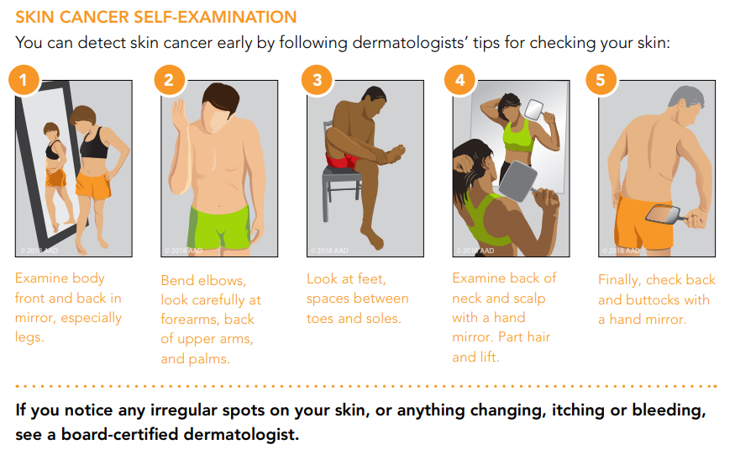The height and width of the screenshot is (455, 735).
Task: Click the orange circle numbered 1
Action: coord(24,81)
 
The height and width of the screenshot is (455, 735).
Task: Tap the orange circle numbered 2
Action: coord(170,81)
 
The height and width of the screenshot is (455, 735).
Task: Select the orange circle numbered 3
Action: coord(317,81)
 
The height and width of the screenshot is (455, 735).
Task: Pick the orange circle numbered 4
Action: coord(459,81)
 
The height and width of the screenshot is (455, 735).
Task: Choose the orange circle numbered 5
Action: coord(600,81)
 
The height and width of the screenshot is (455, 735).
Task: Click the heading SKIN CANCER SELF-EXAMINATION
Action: coord(155,17)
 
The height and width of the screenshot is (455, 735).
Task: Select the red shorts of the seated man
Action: coord(343,159)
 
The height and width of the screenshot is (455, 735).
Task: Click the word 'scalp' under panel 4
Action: coord(526,298)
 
